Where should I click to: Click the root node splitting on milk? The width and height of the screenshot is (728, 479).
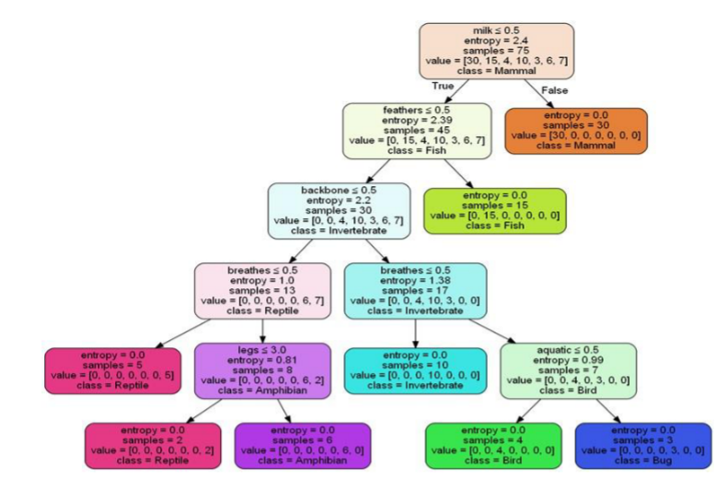point(496,52)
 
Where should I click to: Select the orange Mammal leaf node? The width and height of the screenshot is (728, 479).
point(575,131)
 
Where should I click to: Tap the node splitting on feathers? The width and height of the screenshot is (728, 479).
point(416,131)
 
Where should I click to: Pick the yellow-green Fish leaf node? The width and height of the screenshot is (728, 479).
point(494,210)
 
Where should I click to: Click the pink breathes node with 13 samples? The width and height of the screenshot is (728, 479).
point(262,290)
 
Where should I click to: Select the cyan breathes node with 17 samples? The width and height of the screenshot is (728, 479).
point(415,290)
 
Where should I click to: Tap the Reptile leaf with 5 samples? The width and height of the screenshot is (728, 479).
point(112,369)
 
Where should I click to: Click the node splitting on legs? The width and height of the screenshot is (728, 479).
point(262,369)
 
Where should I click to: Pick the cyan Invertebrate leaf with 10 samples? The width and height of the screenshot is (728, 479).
point(415,369)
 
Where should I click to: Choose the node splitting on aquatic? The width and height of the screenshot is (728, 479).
point(568,369)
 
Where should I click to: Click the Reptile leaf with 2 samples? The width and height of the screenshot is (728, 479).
point(153,447)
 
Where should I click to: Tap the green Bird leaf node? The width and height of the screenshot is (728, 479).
point(493,447)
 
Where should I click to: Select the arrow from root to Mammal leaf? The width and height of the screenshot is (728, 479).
point(538,92)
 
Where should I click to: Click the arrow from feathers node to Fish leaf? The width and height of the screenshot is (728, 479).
point(457,171)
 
